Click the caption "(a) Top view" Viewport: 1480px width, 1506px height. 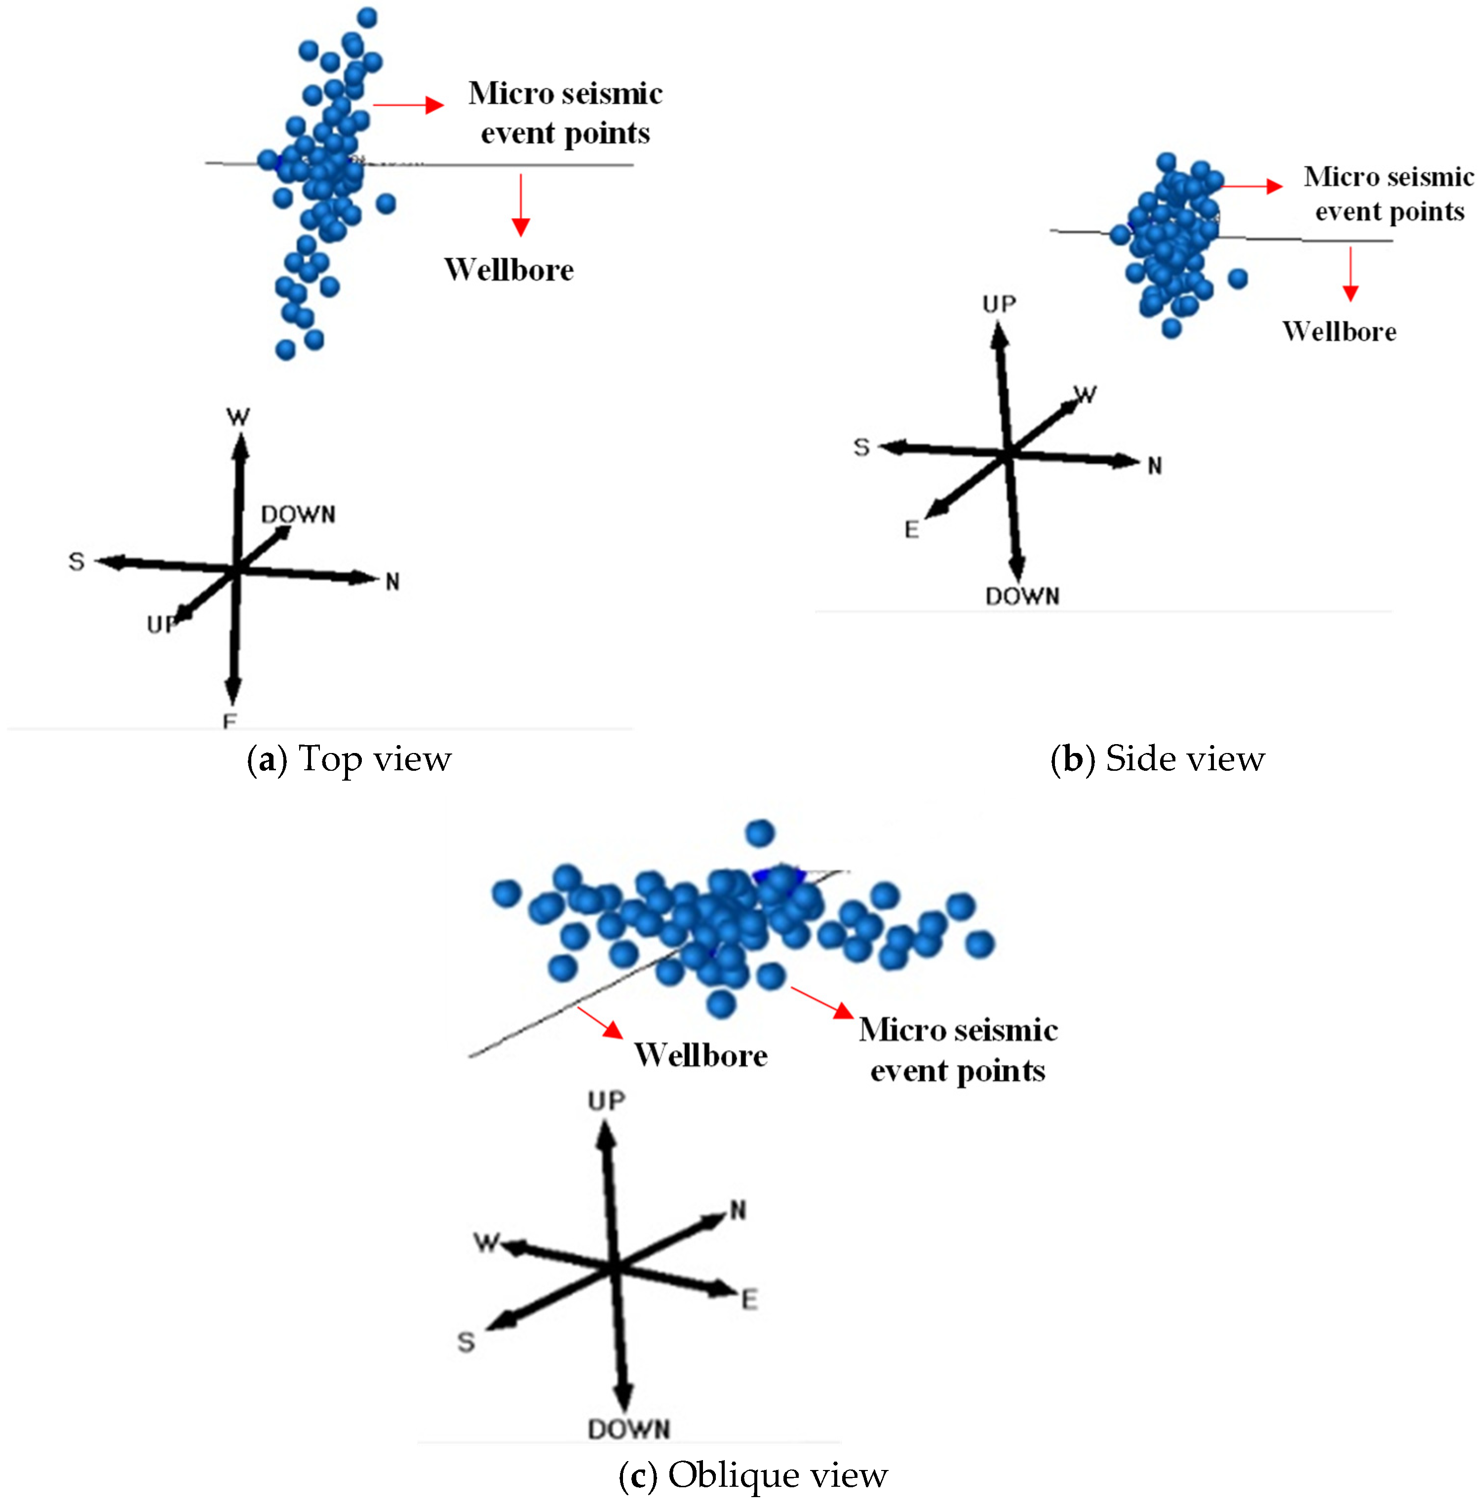[x=349, y=759]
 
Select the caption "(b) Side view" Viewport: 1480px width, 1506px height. [x=1158, y=759]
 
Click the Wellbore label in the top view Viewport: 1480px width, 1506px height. [x=509, y=269]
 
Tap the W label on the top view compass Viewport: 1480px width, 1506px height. [x=238, y=417]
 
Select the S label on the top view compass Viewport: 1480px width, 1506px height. [x=76, y=561]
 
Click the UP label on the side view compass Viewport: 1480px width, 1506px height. [x=999, y=304]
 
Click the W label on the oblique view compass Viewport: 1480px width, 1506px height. [x=487, y=1242]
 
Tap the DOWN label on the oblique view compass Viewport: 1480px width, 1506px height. [x=628, y=1429]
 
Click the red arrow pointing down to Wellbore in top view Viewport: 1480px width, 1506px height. [x=521, y=204]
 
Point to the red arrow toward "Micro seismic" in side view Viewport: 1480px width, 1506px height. [x=1251, y=186]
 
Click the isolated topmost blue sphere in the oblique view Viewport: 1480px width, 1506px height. [x=759, y=833]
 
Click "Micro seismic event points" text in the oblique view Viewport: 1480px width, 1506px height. [x=958, y=1050]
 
